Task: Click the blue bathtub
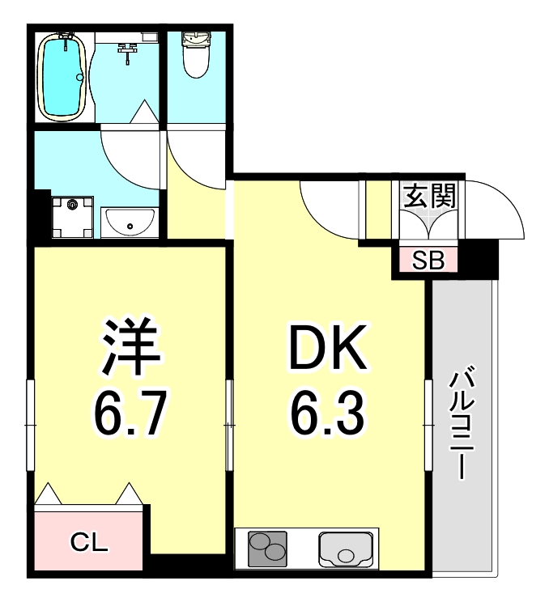(x=62, y=76)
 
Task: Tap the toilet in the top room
(x=194, y=54)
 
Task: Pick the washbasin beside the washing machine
(x=130, y=220)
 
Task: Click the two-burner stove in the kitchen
(x=266, y=550)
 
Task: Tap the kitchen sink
(x=346, y=550)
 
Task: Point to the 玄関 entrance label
(x=429, y=197)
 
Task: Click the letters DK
(x=328, y=350)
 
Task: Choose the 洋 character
(x=130, y=346)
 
